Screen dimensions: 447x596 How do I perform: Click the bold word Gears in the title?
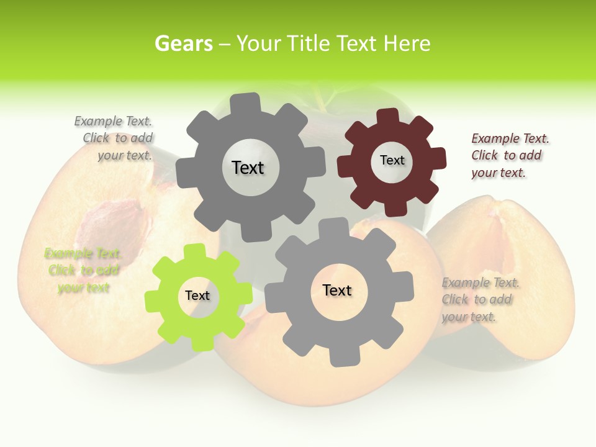coord(183,43)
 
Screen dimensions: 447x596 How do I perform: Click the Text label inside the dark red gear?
coord(392,160)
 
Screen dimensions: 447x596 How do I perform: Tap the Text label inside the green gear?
coord(197,296)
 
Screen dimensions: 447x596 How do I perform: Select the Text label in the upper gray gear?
coord(248,168)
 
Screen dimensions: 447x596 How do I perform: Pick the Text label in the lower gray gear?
coord(337,290)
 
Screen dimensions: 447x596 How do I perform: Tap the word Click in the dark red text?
coord(484,155)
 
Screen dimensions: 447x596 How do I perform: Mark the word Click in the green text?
coord(61,270)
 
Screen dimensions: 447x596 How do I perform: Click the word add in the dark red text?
coord(530,155)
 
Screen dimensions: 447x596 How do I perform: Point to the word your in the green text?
coord(70,287)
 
